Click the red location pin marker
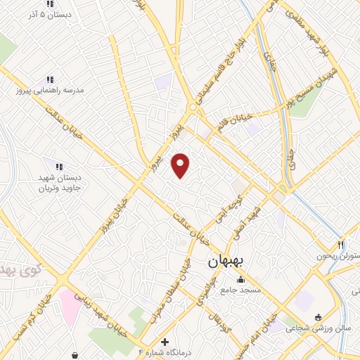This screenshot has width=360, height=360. coord(181,165)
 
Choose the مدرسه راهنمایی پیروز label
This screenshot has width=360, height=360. coord(50,91)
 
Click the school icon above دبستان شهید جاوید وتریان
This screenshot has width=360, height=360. coord(59,167)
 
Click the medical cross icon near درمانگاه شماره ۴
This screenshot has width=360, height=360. coord(164,341)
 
